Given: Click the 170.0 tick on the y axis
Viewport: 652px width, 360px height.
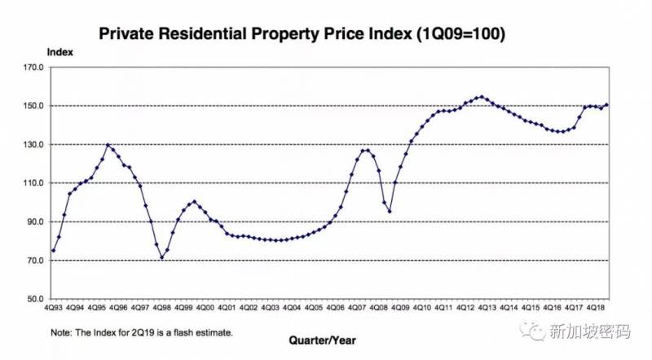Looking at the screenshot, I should (x=33, y=68).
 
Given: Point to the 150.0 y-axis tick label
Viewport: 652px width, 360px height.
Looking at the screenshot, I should (x=33, y=106).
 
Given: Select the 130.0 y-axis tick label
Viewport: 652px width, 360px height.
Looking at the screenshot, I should (x=33, y=145).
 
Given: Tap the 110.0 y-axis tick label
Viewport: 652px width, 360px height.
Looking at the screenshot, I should (x=33, y=183).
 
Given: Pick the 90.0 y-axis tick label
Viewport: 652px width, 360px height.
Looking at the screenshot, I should (x=34, y=222).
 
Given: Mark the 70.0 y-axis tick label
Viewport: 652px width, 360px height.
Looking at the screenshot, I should (x=34, y=261).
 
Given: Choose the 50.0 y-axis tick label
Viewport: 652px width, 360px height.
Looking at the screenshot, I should (x=34, y=299).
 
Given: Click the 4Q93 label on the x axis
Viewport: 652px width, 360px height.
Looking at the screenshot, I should (x=54, y=308).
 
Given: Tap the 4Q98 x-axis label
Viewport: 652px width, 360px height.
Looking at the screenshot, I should (x=161, y=308).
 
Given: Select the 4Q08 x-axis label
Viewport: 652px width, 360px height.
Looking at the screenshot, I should (x=377, y=308).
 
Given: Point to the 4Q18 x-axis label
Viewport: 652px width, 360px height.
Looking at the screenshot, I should (x=594, y=308).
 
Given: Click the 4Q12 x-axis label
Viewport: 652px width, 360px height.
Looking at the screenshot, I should (x=465, y=308).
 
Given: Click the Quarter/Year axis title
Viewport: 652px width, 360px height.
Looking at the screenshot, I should (x=323, y=338).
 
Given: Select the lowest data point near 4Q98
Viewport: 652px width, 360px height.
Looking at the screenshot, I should (x=161, y=257).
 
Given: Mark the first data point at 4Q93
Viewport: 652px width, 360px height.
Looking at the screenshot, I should (x=54, y=250).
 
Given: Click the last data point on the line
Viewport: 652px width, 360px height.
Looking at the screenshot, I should (x=608, y=104).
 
